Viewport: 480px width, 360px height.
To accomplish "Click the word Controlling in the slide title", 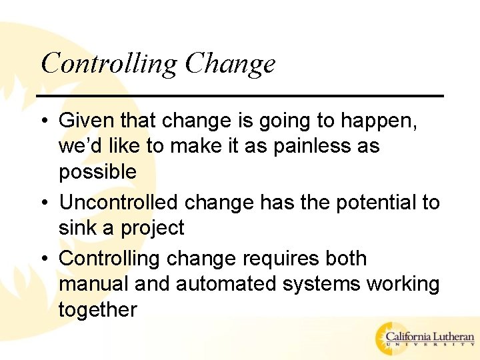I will [x=109, y=63].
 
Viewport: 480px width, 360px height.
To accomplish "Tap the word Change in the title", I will [x=230, y=63].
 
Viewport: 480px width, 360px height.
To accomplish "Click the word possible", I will [x=97, y=172].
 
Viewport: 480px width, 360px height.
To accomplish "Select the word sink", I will [x=77, y=227].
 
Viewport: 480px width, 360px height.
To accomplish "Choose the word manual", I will [x=94, y=283].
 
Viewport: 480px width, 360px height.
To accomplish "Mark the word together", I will [x=97, y=309].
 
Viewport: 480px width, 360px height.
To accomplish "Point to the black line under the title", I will [x=240, y=96].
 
